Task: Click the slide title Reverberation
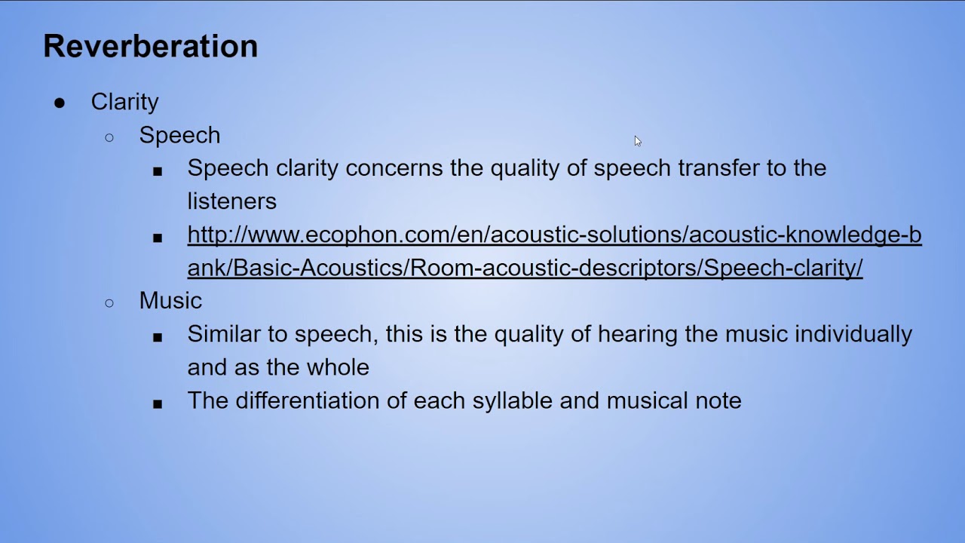[x=150, y=46]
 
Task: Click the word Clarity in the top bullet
[x=124, y=102]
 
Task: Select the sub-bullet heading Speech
[x=179, y=135]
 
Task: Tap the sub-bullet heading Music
[x=170, y=301]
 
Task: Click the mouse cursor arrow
[x=637, y=141]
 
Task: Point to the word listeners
[x=231, y=201]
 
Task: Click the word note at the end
[x=718, y=400]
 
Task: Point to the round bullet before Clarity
[x=60, y=103]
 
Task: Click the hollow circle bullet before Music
[x=109, y=302]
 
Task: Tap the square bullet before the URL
[x=158, y=238]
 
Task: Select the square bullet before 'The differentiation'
[x=158, y=403]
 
